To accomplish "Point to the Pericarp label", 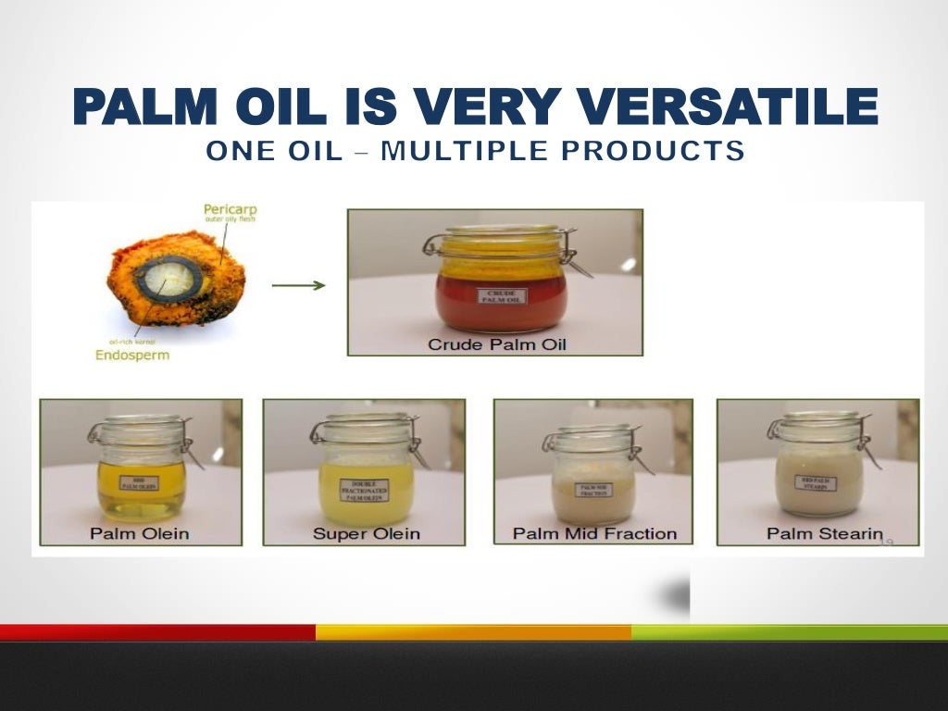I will click(x=230, y=210).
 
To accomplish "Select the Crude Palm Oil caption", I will click(x=496, y=344).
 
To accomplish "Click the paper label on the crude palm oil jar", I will click(x=500, y=296).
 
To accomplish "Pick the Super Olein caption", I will click(x=366, y=533).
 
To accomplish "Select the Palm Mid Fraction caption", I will click(x=594, y=533).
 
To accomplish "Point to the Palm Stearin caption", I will click(x=824, y=533).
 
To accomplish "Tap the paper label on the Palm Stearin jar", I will click(x=818, y=482).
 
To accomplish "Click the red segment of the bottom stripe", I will click(x=157, y=632).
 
